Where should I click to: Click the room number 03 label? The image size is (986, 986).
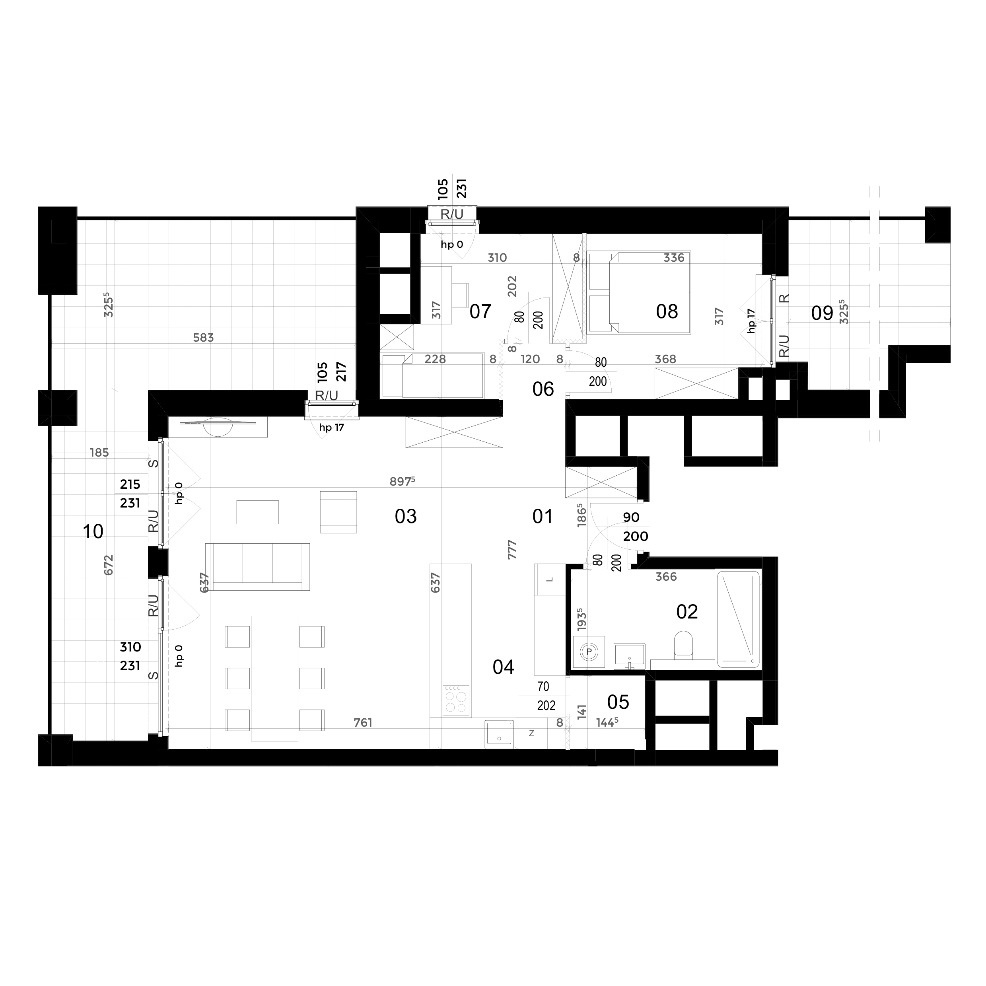pyautogui.click(x=406, y=517)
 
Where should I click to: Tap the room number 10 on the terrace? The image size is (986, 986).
pyautogui.click(x=93, y=532)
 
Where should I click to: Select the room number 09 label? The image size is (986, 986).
pyautogui.click(x=822, y=313)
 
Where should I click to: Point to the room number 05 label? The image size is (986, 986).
pyautogui.click(x=618, y=703)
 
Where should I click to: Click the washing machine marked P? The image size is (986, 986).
pyautogui.click(x=589, y=652)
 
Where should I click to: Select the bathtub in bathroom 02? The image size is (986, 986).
pyautogui.click(x=739, y=619)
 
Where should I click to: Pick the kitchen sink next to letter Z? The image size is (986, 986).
pyautogui.click(x=499, y=733)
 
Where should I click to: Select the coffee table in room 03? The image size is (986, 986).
pyautogui.click(x=258, y=512)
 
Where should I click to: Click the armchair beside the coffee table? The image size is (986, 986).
pyautogui.click(x=338, y=512)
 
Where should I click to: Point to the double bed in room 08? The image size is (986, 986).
pyautogui.click(x=638, y=292)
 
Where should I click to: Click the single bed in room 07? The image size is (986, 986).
pyautogui.click(x=433, y=375)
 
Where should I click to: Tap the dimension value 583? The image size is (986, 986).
pyautogui.click(x=203, y=338)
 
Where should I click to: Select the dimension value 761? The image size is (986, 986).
pyautogui.click(x=363, y=723)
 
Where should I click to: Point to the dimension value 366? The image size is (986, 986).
pyautogui.click(x=666, y=577)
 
